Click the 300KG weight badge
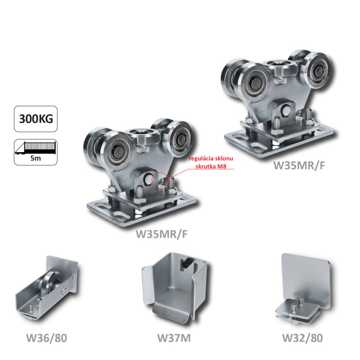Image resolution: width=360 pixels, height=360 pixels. (36, 119)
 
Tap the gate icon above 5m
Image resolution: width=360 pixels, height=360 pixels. (36, 148)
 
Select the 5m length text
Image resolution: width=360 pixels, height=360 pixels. (36, 158)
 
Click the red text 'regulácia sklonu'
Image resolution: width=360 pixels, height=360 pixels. (211, 158)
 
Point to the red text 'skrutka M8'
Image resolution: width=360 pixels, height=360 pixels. (211, 166)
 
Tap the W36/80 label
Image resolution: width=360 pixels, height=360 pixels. (47, 338)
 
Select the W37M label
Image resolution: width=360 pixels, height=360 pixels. (174, 338)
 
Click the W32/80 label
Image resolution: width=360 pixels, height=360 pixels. (302, 338)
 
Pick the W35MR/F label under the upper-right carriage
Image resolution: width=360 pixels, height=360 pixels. (299, 165)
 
